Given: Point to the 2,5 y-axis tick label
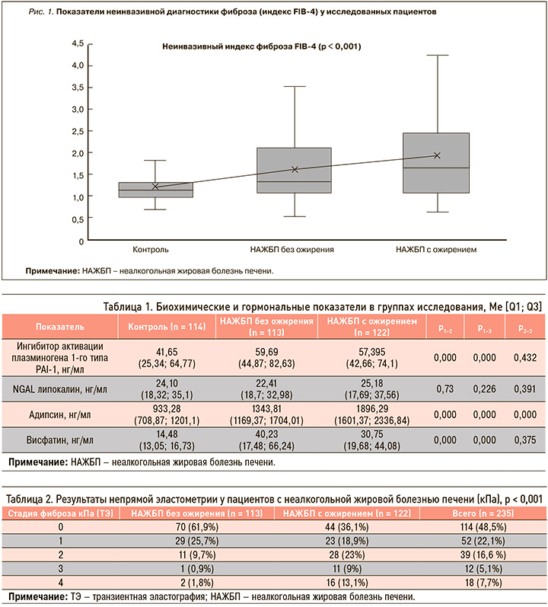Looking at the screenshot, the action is coord(78,131).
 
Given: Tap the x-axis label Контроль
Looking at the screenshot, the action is coord(151,250).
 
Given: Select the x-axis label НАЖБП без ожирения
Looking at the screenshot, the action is coord(292,250).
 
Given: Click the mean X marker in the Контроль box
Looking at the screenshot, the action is coord(155,187).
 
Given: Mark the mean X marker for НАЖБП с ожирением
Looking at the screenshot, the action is coord(437,155).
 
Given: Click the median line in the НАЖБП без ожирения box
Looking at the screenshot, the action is coord(295,181).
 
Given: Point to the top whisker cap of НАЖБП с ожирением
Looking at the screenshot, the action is coord(438,56).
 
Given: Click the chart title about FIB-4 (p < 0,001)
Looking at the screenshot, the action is coord(261,47).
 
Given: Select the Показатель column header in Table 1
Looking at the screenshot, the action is coord(60,327).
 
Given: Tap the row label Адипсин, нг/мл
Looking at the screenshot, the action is coord(60,415).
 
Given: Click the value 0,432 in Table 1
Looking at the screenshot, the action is coord(525,358).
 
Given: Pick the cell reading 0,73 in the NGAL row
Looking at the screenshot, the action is coord(445,389).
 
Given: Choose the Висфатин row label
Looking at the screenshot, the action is coord(60,440).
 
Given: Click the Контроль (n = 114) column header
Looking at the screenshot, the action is coord(167,327).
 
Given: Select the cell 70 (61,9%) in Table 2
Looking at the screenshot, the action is coord(197,527).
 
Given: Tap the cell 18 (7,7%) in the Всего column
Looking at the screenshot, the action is coord(483,583).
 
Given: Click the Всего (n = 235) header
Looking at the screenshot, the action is coord(483,513).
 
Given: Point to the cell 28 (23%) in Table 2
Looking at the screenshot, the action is coord(347,554).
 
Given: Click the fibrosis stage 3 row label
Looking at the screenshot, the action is coord(60,569).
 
